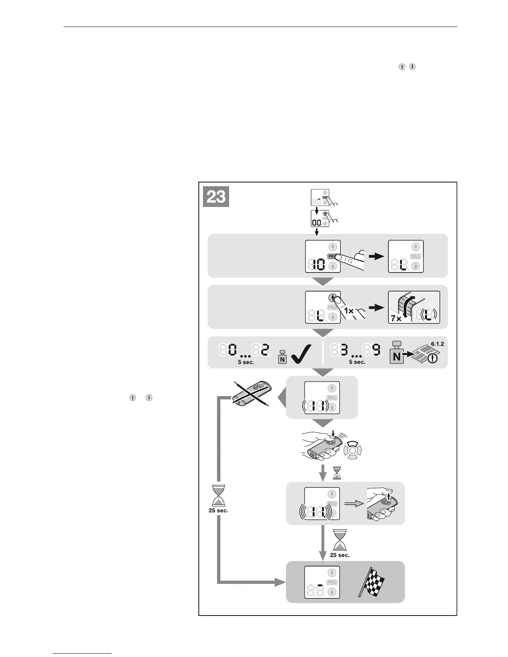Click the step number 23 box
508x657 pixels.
(216, 197)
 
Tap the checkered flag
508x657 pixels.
(371, 582)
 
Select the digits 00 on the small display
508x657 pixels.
(317, 223)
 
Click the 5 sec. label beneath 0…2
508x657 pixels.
(246, 362)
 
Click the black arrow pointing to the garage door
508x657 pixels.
(376, 308)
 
